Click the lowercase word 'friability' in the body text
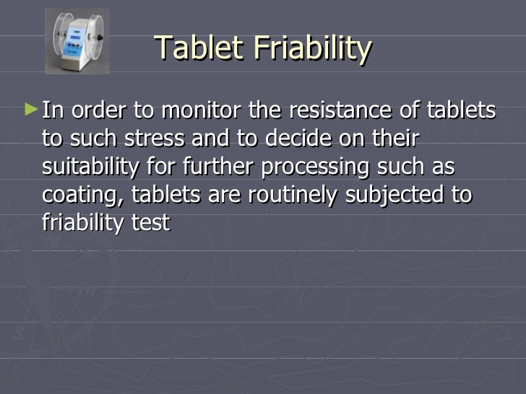click(x=83, y=223)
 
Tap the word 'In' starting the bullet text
click(x=52, y=112)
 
